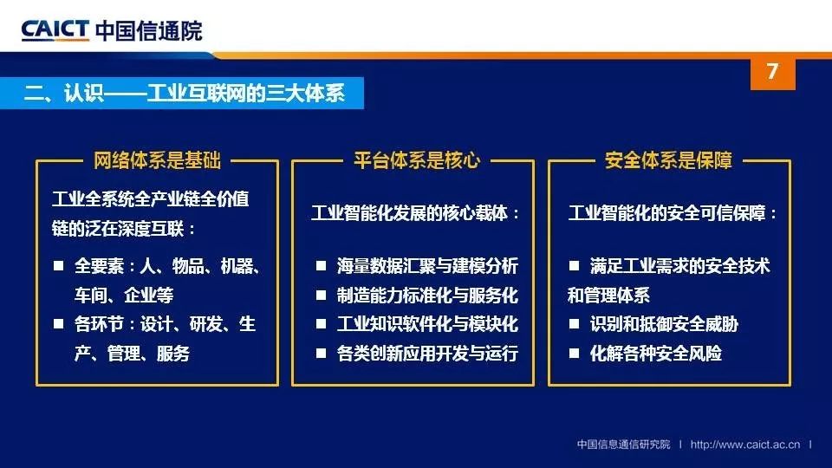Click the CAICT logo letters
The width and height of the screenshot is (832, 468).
[55, 30]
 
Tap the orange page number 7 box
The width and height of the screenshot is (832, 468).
[772, 73]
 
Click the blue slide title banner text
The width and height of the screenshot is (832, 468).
[184, 94]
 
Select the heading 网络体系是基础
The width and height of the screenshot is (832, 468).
[157, 160]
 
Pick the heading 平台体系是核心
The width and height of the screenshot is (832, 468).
[417, 160]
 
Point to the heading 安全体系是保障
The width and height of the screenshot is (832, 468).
[668, 160]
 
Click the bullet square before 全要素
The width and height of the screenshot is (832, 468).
[58, 265]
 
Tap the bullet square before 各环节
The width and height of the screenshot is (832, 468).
[58, 323]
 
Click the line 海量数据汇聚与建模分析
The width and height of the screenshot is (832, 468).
[427, 266]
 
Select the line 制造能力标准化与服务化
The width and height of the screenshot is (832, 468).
[427, 295]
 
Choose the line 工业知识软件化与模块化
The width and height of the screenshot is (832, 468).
[427, 324]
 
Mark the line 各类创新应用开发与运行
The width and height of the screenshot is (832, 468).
[427, 354]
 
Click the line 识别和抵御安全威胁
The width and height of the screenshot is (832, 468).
[664, 324]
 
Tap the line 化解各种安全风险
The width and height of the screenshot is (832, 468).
[656, 354]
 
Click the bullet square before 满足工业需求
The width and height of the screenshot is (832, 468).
[574, 265]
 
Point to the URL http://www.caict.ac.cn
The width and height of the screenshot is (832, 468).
[745, 445]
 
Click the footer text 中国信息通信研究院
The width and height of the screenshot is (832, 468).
[623, 445]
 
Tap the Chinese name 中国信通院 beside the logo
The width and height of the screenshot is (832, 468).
[149, 31]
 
